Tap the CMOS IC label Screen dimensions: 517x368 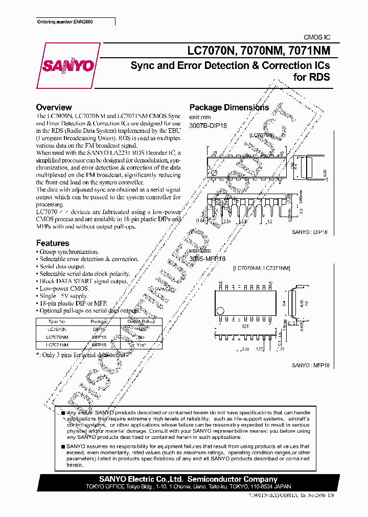pyautogui.click(x=317, y=37)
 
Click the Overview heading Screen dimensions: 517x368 pyautogui.click(x=54, y=107)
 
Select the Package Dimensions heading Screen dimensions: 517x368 pyautogui.click(x=229, y=107)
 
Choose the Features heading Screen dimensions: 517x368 pyautogui.click(x=52, y=243)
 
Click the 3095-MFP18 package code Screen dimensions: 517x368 pyautogui.click(x=208, y=259)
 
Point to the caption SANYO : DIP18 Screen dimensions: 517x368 pyautogui.click(x=310, y=231)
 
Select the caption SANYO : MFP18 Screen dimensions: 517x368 pyautogui.click(x=309, y=366)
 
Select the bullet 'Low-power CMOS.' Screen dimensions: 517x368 pyautogui.click(x=64, y=289)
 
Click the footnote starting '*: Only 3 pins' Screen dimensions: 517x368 pyautogui.click(x=82, y=354)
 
